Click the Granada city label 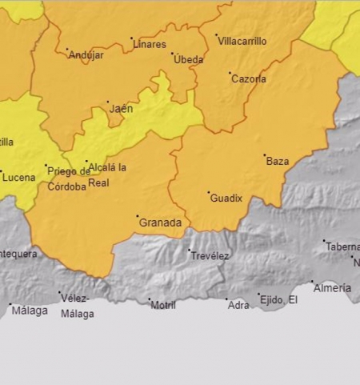(x=161, y=223)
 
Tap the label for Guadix (x=226, y=198)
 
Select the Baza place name (x=278, y=161)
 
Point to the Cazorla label (x=249, y=79)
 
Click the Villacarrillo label (x=243, y=42)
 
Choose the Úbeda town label (x=189, y=60)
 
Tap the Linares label (x=149, y=44)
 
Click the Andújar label (x=86, y=55)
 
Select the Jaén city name (x=122, y=108)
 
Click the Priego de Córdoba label (x=69, y=178)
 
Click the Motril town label (x=164, y=305)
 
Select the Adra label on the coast (x=238, y=305)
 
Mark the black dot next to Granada (x=137, y=216)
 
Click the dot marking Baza (x=264, y=155)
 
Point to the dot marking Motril (x=150, y=300)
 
